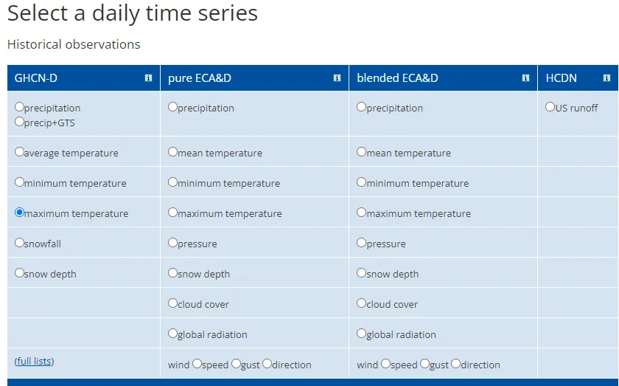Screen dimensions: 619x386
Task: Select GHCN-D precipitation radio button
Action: [19, 107]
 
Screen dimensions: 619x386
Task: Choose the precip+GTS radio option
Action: [19, 122]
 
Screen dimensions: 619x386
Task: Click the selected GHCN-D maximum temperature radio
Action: [19, 213]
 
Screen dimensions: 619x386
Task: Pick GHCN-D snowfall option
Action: [19, 242]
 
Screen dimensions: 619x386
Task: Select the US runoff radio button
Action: [550, 107]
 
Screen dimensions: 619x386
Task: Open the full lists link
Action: [34, 361]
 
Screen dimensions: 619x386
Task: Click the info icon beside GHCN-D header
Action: [148, 78]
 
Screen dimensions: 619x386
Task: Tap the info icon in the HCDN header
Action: [606, 78]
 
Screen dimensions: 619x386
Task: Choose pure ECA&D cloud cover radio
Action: [172, 303]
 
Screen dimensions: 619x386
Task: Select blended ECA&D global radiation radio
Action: [361, 334]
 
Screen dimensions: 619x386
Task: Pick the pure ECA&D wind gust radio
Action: [236, 363]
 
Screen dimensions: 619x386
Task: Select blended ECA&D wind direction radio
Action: [455, 363]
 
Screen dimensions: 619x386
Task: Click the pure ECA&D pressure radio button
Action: [172, 242]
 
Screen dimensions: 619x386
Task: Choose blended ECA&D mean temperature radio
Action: [361, 152]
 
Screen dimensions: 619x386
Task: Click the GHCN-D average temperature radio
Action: [19, 152]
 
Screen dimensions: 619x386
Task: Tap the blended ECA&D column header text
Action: [397, 78]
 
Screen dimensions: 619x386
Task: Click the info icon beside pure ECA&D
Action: [338, 78]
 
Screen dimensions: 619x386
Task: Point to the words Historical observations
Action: [74, 44]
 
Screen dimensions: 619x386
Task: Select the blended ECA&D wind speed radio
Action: [385, 363]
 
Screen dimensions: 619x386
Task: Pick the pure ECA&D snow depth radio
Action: [172, 273]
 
